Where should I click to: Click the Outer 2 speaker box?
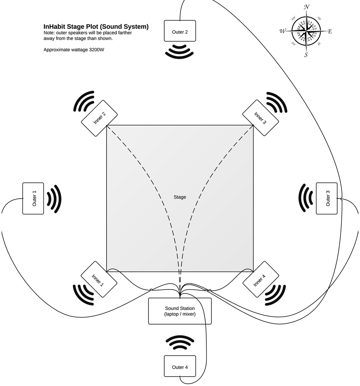pyautogui.click(x=180, y=31)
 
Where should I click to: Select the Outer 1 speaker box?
pyautogui.click(x=33, y=198)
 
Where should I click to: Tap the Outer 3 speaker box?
pyautogui.click(x=327, y=198)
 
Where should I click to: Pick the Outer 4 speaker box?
pyautogui.click(x=180, y=366)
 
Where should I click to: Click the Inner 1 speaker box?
pyautogui.click(x=99, y=279)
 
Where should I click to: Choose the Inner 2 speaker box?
pyautogui.click(x=99, y=118)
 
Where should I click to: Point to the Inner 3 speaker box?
pyautogui.click(x=261, y=118)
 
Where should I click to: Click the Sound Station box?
pyautogui.click(x=180, y=311)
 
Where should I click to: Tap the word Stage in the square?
pyautogui.click(x=180, y=197)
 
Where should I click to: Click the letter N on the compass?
pyautogui.click(x=307, y=7)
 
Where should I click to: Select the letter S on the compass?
pyautogui.click(x=306, y=55)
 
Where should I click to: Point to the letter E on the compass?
pyautogui.click(x=330, y=31)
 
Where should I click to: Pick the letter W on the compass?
pyautogui.click(x=282, y=31)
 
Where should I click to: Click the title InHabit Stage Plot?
pyautogui.click(x=96, y=27)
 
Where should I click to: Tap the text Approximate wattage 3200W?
pyautogui.click(x=74, y=49)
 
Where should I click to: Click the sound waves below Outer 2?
pyautogui.click(x=180, y=52)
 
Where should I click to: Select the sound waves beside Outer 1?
pyautogui.click(x=54, y=199)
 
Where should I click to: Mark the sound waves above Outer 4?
pyautogui.click(x=180, y=342)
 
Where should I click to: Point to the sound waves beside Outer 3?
pyautogui.click(x=306, y=198)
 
